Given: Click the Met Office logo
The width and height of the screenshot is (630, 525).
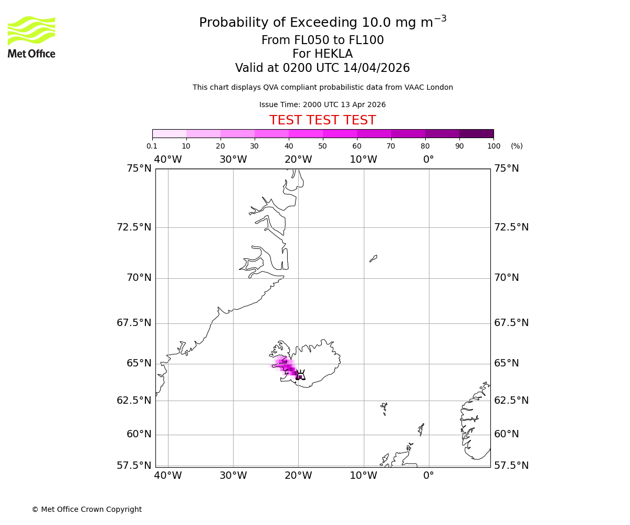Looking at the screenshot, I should click(31, 37).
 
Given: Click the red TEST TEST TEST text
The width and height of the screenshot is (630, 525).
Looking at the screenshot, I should click(322, 121).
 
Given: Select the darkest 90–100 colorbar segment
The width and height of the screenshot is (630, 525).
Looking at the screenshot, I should click(476, 133).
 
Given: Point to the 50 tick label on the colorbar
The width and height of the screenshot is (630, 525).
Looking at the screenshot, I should click(322, 146).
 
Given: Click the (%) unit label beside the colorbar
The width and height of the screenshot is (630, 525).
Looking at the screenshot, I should click(517, 146).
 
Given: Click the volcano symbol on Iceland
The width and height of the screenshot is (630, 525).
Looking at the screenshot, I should click(300, 375).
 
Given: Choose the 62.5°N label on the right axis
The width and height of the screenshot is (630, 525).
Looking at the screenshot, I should click(511, 400).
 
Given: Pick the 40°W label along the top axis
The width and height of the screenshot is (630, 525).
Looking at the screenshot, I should click(168, 160).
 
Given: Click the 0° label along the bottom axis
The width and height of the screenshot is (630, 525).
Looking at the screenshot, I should click(428, 476).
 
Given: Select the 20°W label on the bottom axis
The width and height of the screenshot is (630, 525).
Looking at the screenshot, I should click(298, 476).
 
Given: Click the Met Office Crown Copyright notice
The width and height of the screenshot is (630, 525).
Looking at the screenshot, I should click(87, 509).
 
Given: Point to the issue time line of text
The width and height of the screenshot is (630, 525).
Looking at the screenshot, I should click(322, 105).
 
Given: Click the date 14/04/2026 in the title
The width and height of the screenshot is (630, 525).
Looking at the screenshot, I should click(376, 68).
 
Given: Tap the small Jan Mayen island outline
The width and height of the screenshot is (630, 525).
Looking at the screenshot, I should click(373, 258).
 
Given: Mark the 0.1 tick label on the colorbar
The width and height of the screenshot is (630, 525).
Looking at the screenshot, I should click(152, 146).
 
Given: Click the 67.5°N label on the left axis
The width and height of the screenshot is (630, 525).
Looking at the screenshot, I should click(134, 323).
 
